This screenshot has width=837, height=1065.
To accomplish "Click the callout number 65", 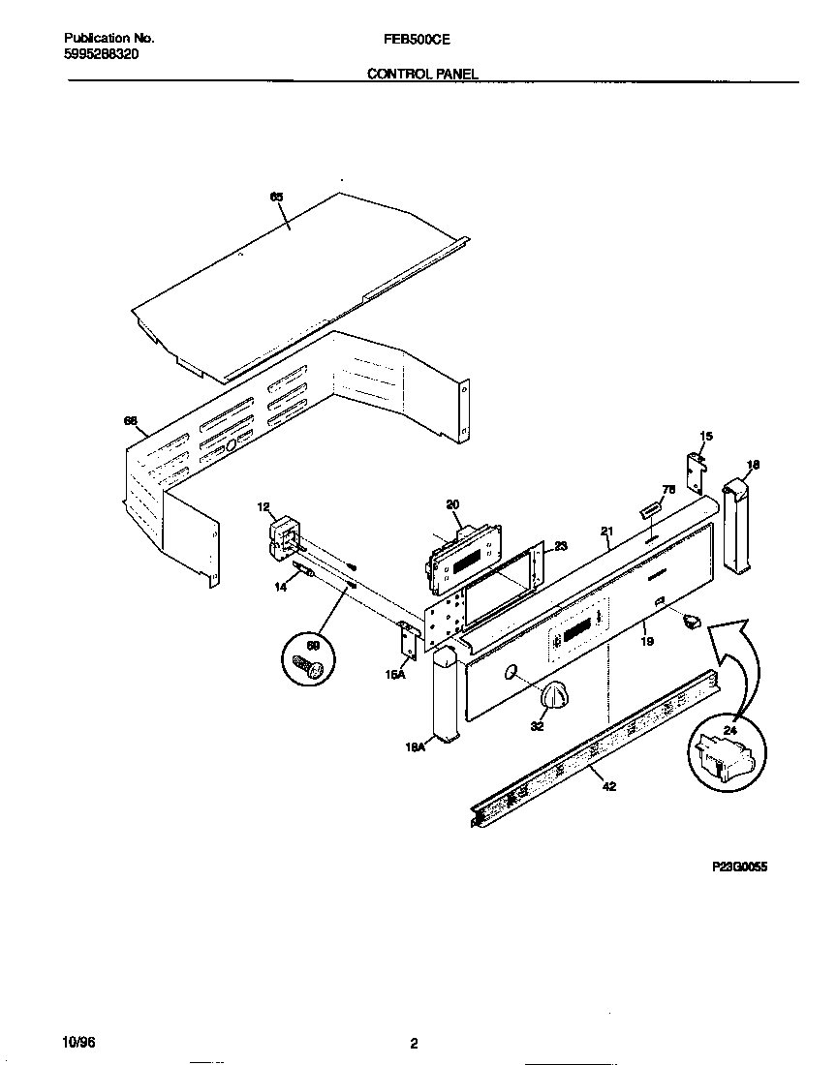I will pyautogui.click(x=276, y=197).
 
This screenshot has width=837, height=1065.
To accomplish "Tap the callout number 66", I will pyautogui.click(x=130, y=420).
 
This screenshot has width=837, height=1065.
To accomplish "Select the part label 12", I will pyautogui.click(x=263, y=506).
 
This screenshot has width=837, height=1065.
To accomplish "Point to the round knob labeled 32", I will pyautogui.click(x=555, y=693).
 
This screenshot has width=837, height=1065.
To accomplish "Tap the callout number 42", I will pyautogui.click(x=608, y=786).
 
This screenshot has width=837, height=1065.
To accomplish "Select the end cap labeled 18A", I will pyautogui.click(x=445, y=693).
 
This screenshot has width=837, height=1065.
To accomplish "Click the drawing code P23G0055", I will pyautogui.click(x=739, y=868).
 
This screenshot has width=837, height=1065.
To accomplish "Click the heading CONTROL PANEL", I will pyautogui.click(x=422, y=74).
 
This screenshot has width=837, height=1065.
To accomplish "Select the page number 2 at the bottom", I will pyautogui.click(x=414, y=1043).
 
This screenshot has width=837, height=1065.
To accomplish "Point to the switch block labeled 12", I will pyautogui.click(x=284, y=536).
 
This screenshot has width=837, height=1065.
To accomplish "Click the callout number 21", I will pyautogui.click(x=607, y=531).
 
